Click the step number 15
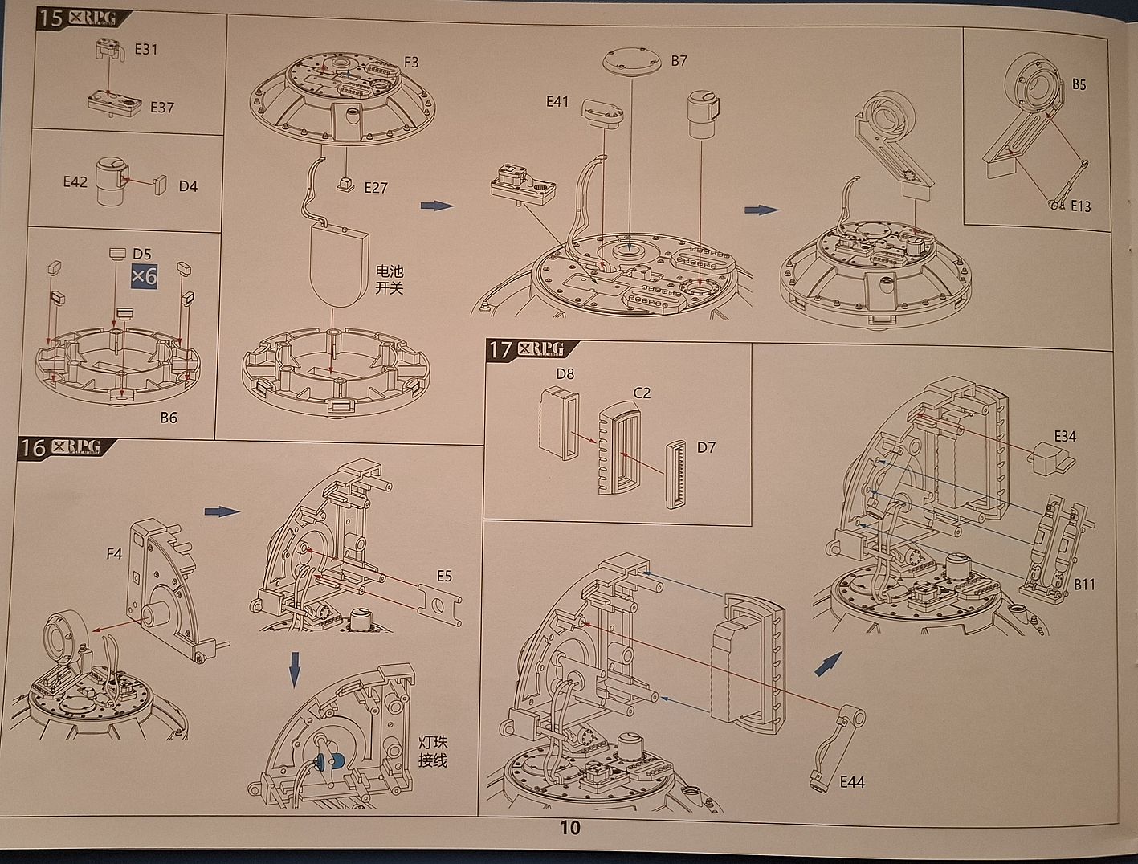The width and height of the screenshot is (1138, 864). pyautogui.click(x=51, y=18)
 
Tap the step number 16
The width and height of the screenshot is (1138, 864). pyautogui.click(x=32, y=446)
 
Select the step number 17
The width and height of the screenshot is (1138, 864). pyautogui.click(x=500, y=349)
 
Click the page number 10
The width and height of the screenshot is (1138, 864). pyautogui.click(x=569, y=828)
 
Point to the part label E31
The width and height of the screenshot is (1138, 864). pyautogui.click(x=146, y=49)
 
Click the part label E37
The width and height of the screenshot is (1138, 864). pyautogui.click(x=161, y=107)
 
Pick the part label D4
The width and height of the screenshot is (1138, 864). pyautogui.click(x=188, y=186)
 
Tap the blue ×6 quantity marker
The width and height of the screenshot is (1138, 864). pyautogui.click(x=145, y=277)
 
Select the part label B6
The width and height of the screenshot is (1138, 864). pyautogui.click(x=169, y=418)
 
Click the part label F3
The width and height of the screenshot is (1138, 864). pyautogui.click(x=410, y=62)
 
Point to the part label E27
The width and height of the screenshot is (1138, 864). pyautogui.click(x=375, y=188)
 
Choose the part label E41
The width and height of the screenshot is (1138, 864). pyautogui.click(x=557, y=102)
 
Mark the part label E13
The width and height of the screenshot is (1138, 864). pyautogui.click(x=1080, y=206)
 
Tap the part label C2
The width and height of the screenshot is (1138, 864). pyautogui.click(x=642, y=393)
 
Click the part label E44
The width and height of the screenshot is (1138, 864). pyautogui.click(x=851, y=781)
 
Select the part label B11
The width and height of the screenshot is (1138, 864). pyautogui.click(x=1084, y=584)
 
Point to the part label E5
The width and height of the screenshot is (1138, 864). pyautogui.click(x=444, y=576)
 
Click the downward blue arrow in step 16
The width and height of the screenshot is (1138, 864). pyautogui.click(x=295, y=668)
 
